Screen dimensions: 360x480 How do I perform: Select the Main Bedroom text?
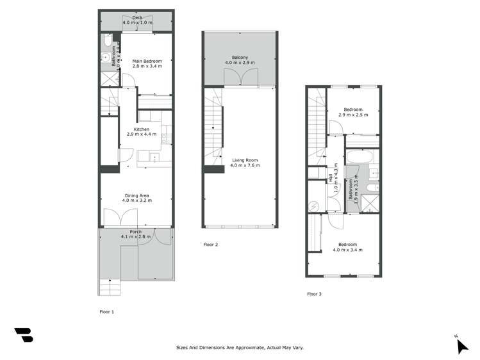click(147, 61)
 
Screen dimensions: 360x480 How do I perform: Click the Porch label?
click(135, 232)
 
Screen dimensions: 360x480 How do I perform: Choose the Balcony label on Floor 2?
click(240, 57)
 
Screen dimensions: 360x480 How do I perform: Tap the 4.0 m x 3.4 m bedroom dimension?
click(347, 249)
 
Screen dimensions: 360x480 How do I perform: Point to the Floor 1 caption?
click(106, 312)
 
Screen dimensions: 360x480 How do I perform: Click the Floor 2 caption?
click(211, 245)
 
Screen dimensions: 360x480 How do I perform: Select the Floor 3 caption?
click(314, 294)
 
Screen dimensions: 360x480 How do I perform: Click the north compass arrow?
click(461, 345)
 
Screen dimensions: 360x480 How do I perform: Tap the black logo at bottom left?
click(23, 335)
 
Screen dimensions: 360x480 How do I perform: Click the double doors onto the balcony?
click(240, 78)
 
